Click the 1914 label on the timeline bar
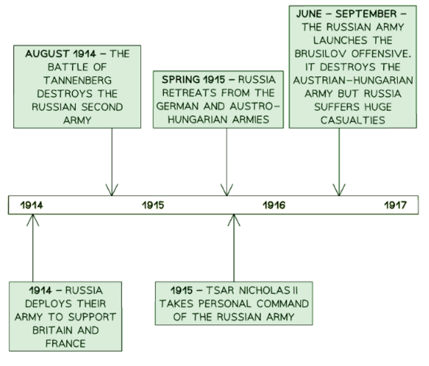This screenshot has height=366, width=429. [32, 205]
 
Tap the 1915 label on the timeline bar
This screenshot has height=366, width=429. [153, 205]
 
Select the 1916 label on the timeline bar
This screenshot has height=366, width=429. [273, 205]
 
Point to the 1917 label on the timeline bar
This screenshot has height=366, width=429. [395, 205]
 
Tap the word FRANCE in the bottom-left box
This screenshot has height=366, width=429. [65, 343]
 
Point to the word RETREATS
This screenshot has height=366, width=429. [187, 93]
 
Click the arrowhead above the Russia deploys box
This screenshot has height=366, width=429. [33, 220]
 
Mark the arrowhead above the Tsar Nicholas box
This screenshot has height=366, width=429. [234, 220]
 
